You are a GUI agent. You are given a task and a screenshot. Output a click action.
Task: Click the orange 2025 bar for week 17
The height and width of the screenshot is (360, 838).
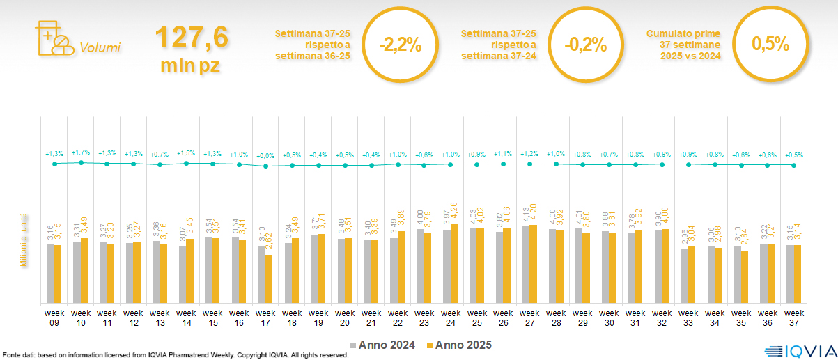point(269,279)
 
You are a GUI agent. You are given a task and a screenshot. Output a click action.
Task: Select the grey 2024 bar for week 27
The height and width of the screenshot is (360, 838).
point(526,265)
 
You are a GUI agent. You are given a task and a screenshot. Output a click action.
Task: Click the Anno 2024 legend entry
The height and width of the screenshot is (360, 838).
point(382,345)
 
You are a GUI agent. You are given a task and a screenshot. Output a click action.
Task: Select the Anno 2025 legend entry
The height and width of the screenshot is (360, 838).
point(459,345)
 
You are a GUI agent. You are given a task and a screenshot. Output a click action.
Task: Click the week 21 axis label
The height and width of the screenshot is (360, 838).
point(371,317)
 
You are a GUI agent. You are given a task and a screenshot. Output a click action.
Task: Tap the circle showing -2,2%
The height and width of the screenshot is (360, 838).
point(401,45)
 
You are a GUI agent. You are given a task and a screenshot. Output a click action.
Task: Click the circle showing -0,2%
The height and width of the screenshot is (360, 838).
point(585,45)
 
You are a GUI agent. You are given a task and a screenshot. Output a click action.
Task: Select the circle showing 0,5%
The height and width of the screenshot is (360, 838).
point(770,45)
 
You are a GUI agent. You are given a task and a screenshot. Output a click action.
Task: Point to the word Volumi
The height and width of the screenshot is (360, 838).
point(100,48)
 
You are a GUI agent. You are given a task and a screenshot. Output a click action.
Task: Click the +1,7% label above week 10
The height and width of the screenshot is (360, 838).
point(81,152)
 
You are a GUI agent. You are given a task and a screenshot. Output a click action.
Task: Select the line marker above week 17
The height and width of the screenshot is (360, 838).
point(265,166)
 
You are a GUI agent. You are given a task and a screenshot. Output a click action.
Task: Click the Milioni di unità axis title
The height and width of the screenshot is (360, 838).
point(24,240)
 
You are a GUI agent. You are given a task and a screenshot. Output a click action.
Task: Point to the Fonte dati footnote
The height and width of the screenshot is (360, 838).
point(174,355)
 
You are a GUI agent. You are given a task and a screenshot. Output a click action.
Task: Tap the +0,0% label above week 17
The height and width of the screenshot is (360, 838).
point(265,156)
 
